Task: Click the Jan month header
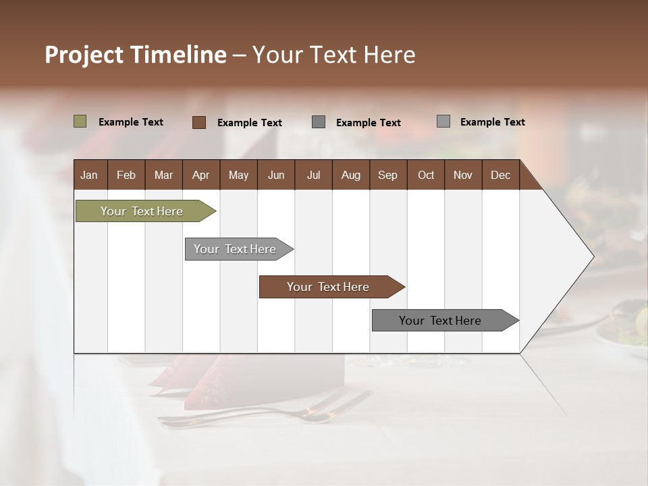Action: pos(89,175)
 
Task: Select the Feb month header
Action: pos(126,175)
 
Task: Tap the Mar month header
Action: pos(163,175)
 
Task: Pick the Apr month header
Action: pos(201,175)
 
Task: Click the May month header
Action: pos(238,175)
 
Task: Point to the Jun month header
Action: pos(276,175)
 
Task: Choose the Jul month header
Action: pos(313,175)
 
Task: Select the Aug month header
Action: pos(351,175)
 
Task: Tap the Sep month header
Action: pos(388,175)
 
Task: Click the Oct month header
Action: pos(426,175)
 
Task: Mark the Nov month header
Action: pos(463,175)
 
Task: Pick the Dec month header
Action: pos(501,175)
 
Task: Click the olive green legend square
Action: pos(80,122)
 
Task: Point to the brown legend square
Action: pos(199,122)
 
